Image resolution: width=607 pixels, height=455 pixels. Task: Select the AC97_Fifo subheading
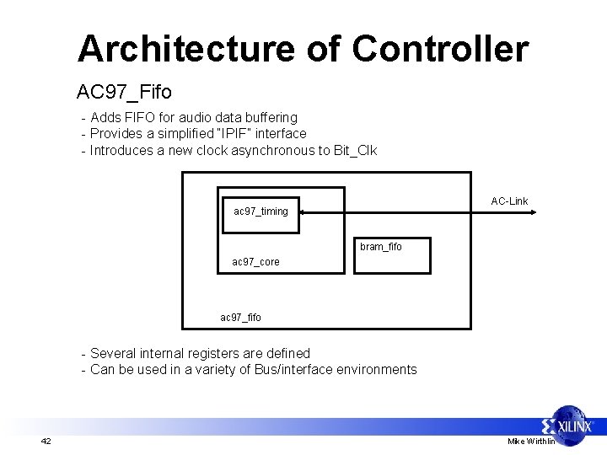coord(124,90)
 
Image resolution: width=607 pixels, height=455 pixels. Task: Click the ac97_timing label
coord(261,211)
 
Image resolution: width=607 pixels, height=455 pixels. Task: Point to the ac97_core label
coord(255,262)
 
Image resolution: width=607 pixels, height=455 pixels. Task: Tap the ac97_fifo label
coord(240,317)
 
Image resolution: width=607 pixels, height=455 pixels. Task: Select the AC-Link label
coord(509,201)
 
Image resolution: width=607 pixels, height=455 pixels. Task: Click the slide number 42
coord(46,442)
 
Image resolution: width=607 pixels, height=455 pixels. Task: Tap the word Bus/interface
coord(294,369)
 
